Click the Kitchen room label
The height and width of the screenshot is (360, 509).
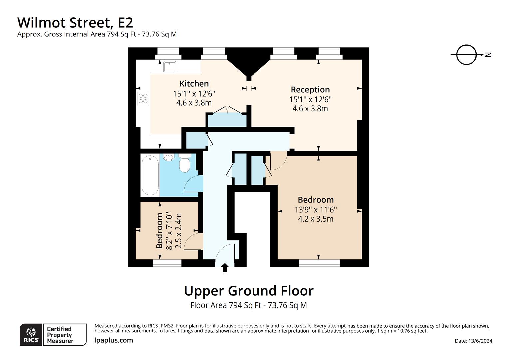tap(194, 84)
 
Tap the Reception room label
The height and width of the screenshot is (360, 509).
tap(310, 90)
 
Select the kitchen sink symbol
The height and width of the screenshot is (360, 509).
tap(170, 66)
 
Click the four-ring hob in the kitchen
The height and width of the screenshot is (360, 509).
tap(143, 98)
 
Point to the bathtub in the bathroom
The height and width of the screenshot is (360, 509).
tap(150, 175)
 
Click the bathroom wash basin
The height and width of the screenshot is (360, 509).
tap(169, 157)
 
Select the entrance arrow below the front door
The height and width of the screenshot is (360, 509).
tap(225, 268)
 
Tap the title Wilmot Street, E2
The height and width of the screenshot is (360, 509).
tap(75, 23)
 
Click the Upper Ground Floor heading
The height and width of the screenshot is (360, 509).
tap(249, 291)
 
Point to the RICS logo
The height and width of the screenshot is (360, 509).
tap(31, 335)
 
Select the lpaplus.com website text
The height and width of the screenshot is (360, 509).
tap(114, 340)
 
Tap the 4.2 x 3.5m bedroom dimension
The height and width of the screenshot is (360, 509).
tap(316, 219)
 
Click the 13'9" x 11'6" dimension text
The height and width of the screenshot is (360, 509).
tap(316, 209)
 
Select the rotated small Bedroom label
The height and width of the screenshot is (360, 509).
tap(159, 231)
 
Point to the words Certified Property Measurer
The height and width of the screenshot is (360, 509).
tap(60, 335)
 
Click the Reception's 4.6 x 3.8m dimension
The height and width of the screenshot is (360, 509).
tap(310, 109)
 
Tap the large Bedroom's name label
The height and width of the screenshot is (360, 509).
tap(316, 200)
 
